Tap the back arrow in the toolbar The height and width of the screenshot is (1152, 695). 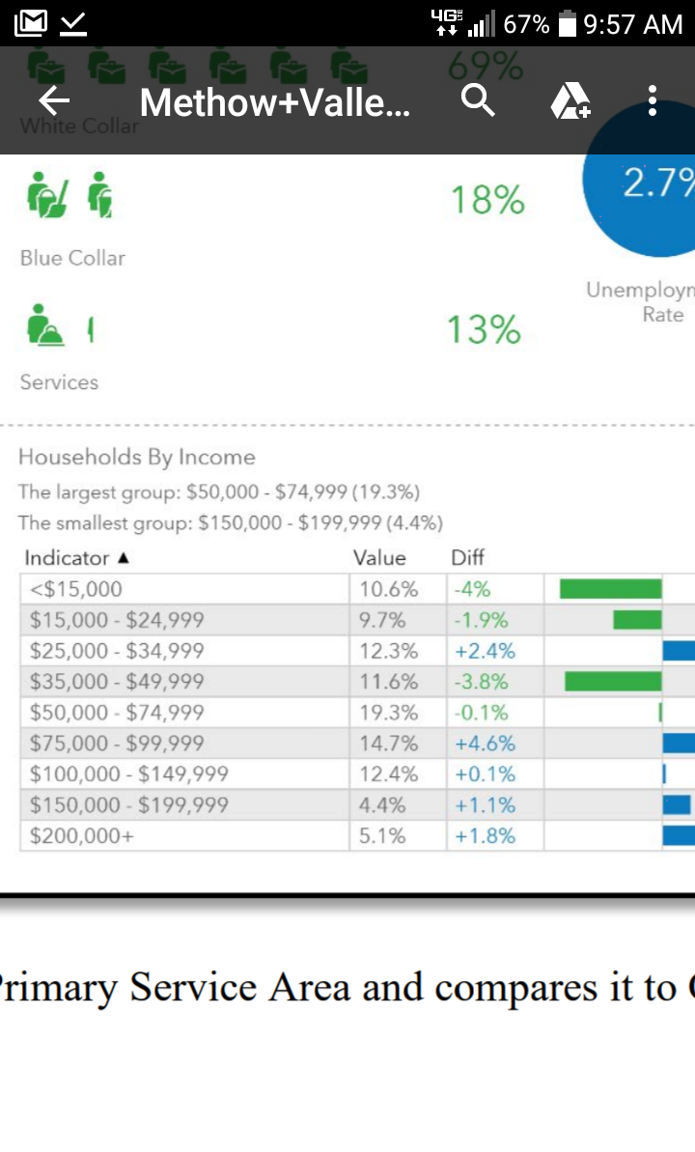pos(54,100)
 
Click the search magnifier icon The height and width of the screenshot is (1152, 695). pos(478,99)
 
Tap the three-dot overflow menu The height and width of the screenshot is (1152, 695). pos(653,100)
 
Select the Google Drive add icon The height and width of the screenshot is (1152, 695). pos(570,100)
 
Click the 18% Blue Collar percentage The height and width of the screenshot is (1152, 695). pos(487,201)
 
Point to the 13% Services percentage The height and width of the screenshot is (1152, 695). pos(484,330)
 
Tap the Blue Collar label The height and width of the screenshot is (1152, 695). pos(72,258)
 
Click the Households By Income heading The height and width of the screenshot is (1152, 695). pos(137,457)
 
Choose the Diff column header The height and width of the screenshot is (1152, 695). pos(468,558)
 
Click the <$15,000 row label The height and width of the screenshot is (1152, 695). pos(76,589)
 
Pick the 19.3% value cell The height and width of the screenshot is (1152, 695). pos(388,713)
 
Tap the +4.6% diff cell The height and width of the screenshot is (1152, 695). pos(486,744)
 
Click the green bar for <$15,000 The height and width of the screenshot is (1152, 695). pos(610,589)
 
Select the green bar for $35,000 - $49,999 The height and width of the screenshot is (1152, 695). pos(613,682)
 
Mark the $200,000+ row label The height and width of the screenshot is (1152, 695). pos(82,836)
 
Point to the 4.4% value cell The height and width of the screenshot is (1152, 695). pos(382,805)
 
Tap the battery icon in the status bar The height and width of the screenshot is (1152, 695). pos(569,23)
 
